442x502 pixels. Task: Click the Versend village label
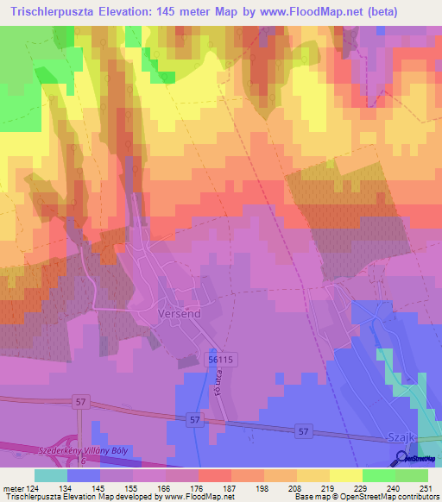pyautogui.click(x=180, y=314)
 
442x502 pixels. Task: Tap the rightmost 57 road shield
pyautogui.click(x=302, y=429)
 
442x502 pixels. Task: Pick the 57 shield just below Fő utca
pyautogui.click(x=195, y=419)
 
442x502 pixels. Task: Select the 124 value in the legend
pyautogui.click(x=33, y=488)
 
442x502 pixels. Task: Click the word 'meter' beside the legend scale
pyautogui.click(x=13, y=488)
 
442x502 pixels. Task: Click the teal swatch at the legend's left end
pyautogui.click(x=51, y=475)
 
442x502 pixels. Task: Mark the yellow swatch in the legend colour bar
pyautogui.click(x=345, y=475)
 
